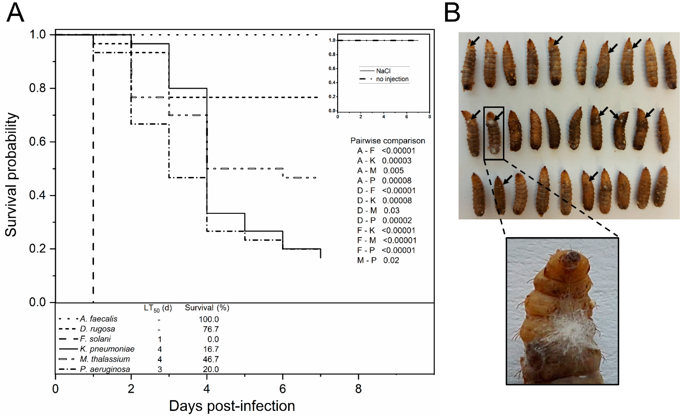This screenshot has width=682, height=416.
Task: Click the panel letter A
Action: tap(15, 13)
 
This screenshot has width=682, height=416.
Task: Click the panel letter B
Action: tap(452, 13)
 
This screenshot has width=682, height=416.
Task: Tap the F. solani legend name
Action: tap(95, 339)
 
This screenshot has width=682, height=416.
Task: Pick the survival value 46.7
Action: tap(211, 359)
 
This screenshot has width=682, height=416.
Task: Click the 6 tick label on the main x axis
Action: tap(282, 389)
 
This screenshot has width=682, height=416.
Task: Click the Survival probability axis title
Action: tap(12, 174)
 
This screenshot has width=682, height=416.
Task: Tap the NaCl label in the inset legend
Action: tap(383, 71)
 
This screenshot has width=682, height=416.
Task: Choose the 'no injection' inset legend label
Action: tap(392, 79)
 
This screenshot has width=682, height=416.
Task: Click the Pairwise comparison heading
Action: tap(388, 141)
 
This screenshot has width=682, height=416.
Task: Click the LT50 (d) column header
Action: tap(158, 308)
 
